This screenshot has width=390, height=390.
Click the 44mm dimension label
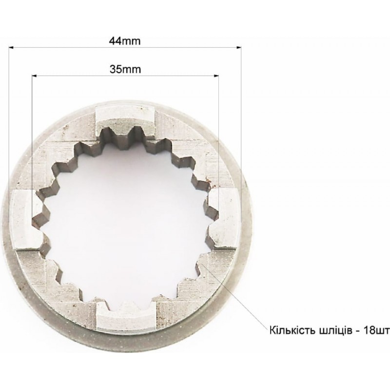pyautogui.click(x=125, y=41)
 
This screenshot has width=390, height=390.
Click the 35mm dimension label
pyautogui.click(x=125, y=69)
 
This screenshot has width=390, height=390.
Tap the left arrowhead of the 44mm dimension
pyautogui.click(x=11, y=47)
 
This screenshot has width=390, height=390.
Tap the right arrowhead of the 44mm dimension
pyautogui.click(x=239, y=47)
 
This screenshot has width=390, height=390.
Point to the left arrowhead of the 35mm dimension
pyautogui.click(x=35, y=76)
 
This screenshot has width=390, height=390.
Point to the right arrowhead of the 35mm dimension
pyautogui.click(x=216, y=76)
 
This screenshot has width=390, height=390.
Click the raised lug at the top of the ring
pyautogui.click(x=125, y=119)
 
